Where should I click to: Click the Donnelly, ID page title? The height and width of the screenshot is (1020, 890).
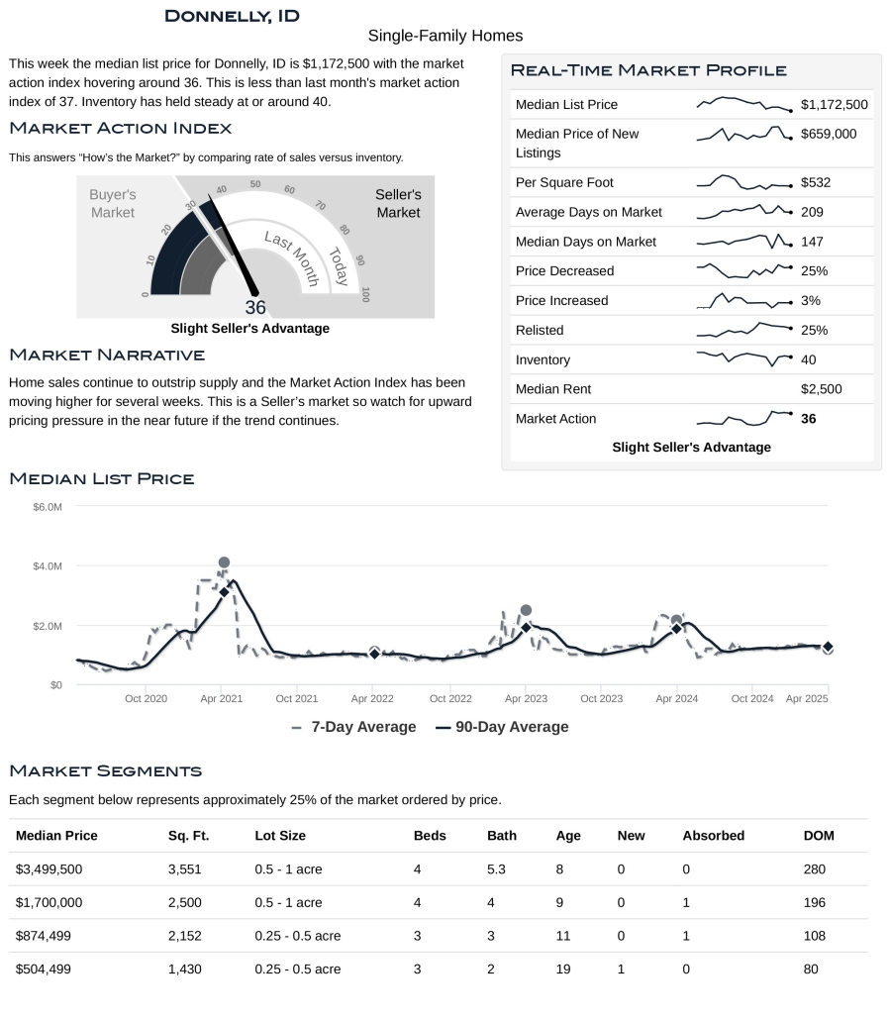pos(232,16)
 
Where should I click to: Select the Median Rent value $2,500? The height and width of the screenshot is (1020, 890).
pos(821,389)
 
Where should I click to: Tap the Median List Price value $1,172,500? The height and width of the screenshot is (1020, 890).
pos(834,104)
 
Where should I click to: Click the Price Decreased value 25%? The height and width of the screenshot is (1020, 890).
pos(814,271)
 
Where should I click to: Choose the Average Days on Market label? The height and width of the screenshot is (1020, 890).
pos(588,212)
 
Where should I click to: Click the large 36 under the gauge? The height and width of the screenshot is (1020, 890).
pos(255,307)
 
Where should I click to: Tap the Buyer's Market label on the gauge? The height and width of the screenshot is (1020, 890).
pos(112,204)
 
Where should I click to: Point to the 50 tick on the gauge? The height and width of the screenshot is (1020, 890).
pos(255,184)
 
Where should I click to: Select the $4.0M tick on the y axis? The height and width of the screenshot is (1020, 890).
pos(48,566)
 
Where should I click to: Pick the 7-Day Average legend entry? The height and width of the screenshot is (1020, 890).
pos(353,727)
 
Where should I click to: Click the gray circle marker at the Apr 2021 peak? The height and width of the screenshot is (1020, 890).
pos(224,562)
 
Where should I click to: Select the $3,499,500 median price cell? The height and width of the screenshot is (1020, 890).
pos(49,869)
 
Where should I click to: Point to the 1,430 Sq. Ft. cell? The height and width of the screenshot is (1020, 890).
pos(184,969)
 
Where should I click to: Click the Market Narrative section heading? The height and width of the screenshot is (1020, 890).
pos(107,355)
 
